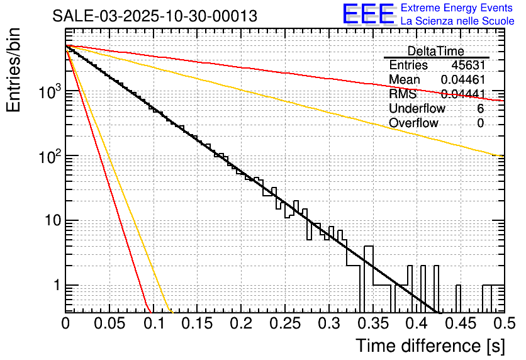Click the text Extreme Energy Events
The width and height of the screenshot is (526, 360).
point(457,8)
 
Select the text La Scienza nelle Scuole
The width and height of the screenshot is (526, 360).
point(457,21)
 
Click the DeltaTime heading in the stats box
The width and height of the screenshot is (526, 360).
point(436,51)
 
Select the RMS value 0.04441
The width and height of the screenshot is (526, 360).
point(462,94)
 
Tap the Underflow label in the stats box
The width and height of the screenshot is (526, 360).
point(417,109)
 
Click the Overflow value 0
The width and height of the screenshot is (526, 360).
point(480,123)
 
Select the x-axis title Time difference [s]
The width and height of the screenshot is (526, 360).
point(430,346)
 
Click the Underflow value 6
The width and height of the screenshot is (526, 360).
point(480,109)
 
